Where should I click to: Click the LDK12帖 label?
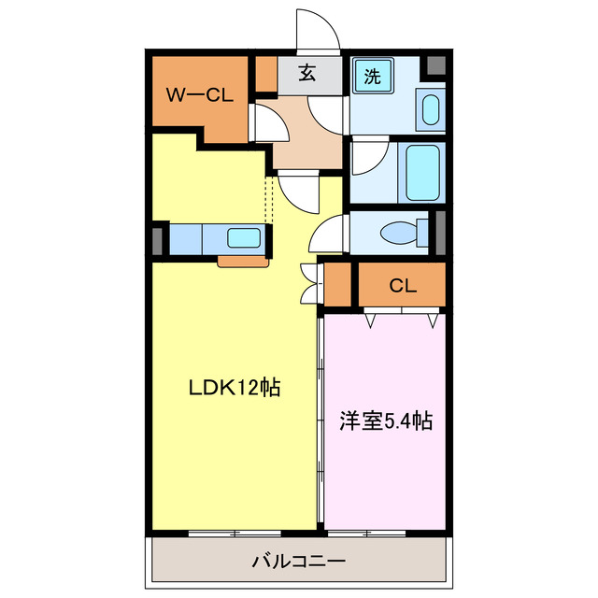click(x=236, y=387)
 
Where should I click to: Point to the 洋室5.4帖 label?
click(x=385, y=421)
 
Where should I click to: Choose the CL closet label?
click(x=403, y=286)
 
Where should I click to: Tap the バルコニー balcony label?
click(x=299, y=562)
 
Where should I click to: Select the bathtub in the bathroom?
click(x=422, y=171)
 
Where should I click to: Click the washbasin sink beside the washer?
click(x=430, y=110)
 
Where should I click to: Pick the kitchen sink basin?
click(x=245, y=238)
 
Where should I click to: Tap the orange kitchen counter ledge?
click(x=244, y=261)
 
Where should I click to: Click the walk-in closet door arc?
click(x=263, y=122)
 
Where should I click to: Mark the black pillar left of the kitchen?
click(x=156, y=239)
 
